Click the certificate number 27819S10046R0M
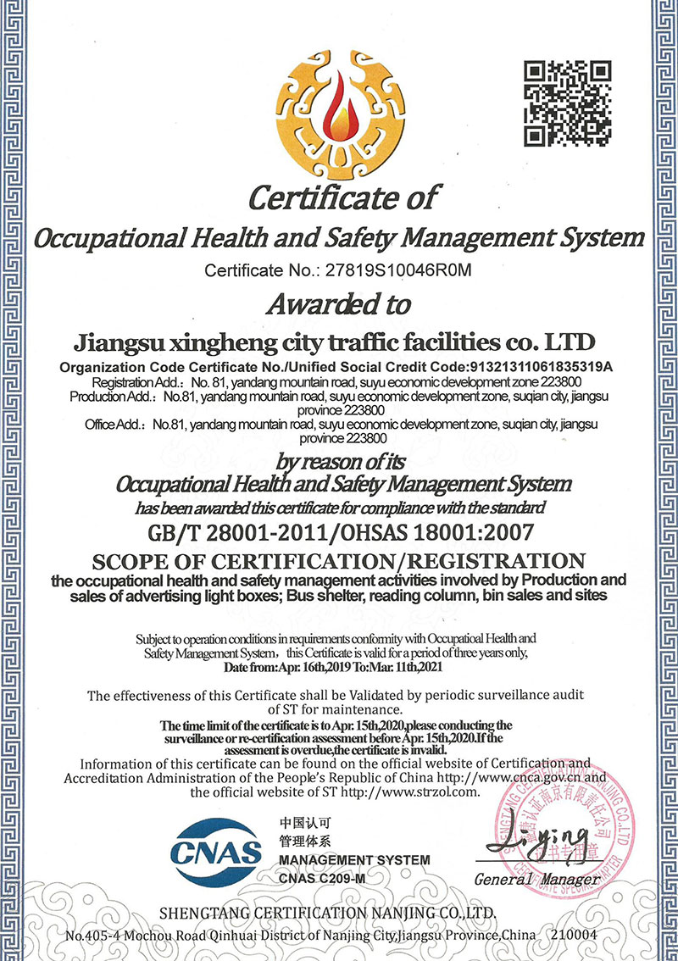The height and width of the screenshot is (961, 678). tap(392, 271)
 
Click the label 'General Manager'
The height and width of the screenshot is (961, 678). tap(537, 879)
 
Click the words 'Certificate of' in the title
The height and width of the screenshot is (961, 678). tap(343, 197)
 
